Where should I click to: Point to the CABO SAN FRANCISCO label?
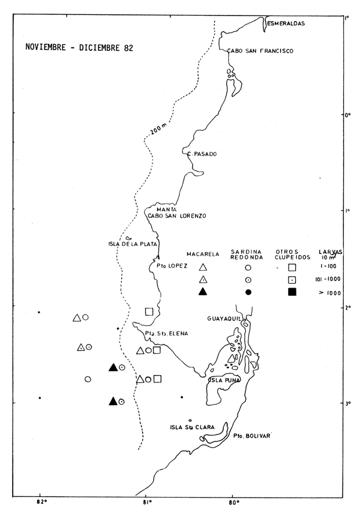tap(259, 52)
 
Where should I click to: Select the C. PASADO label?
tap(202, 154)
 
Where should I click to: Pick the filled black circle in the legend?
tap(248, 292)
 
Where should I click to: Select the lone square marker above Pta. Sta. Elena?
tap(149, 312)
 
